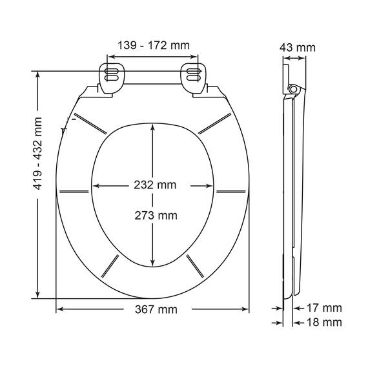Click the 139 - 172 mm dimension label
[154, 45]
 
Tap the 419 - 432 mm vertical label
[37, 154]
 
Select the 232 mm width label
[155, 185]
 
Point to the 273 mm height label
[156, 216]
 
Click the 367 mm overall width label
[156, 309]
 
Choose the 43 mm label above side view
[298, 48]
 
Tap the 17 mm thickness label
[324, 308]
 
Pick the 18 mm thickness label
[324, 322]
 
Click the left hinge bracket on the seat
[111, 79]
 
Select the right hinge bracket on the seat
[193, 79]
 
